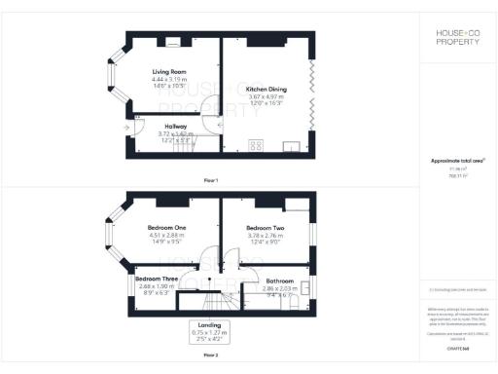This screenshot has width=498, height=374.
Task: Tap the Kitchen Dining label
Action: (264, 88)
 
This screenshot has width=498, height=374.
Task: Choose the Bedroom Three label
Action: (156, 280)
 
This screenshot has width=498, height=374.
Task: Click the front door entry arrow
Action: (128, 126)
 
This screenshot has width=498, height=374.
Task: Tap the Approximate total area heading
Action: (457, 161)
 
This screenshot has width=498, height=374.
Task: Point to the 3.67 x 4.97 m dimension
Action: (264, 94)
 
